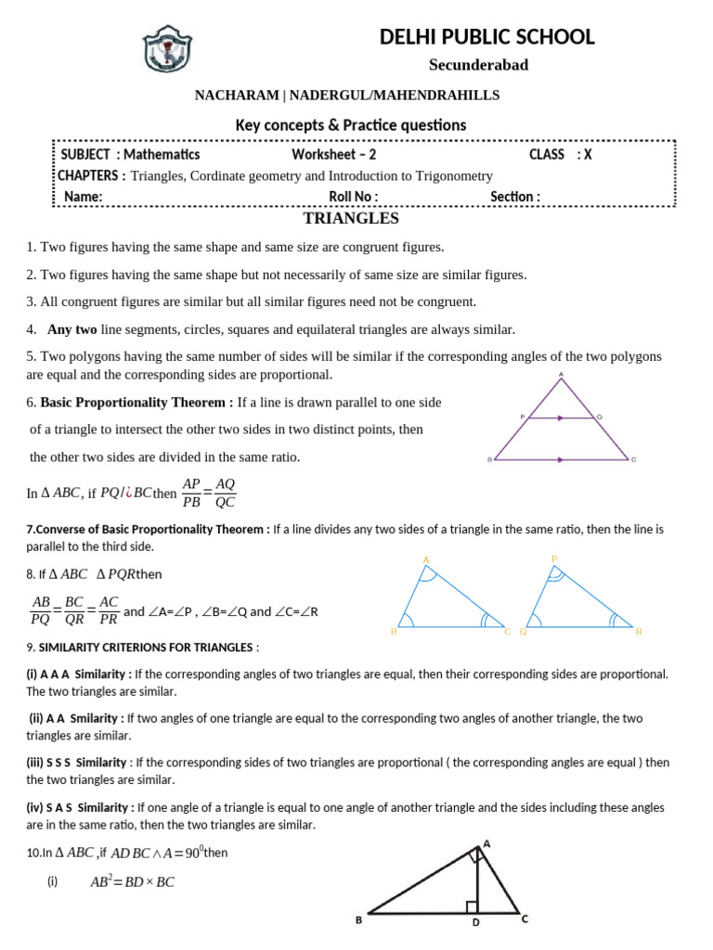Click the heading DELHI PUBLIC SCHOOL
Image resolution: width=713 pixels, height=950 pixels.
click(487, 37)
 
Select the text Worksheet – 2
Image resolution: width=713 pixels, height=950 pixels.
click(334, 155)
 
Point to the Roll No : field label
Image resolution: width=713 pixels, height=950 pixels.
click(354, 197)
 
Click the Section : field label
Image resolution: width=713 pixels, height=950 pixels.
click(515, 197)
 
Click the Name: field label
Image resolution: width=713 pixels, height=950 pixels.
click(83, 197)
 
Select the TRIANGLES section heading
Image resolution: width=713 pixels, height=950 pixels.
click(352, 219)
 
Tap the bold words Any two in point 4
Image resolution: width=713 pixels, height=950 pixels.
click(72, 329)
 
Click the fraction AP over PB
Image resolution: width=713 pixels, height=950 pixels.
click(192, 494)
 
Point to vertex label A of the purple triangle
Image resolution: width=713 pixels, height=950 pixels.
click(561, 376)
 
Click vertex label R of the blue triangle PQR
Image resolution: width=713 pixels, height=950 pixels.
click(639, 632)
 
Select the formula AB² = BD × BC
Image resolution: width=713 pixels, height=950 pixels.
click(132, 882)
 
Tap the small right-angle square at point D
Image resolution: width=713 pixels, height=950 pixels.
click(473, 906)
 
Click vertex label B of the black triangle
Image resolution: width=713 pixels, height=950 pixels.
click(359, 920)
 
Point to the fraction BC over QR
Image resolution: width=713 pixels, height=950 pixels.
click(74, 611)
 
